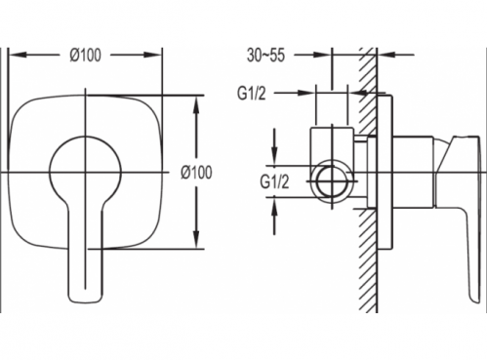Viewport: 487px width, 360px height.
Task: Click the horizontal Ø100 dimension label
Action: pos(85,55)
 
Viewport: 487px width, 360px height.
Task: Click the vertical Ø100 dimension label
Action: pos(196,172)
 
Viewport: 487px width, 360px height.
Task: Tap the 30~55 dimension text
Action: pos(265,55)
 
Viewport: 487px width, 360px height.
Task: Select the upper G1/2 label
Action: pos(252,94)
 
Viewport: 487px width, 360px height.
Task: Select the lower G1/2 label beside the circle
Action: pos(274,181)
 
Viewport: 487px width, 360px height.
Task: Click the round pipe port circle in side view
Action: pos(331,181)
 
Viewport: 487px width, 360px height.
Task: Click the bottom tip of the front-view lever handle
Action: pos(86,302)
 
